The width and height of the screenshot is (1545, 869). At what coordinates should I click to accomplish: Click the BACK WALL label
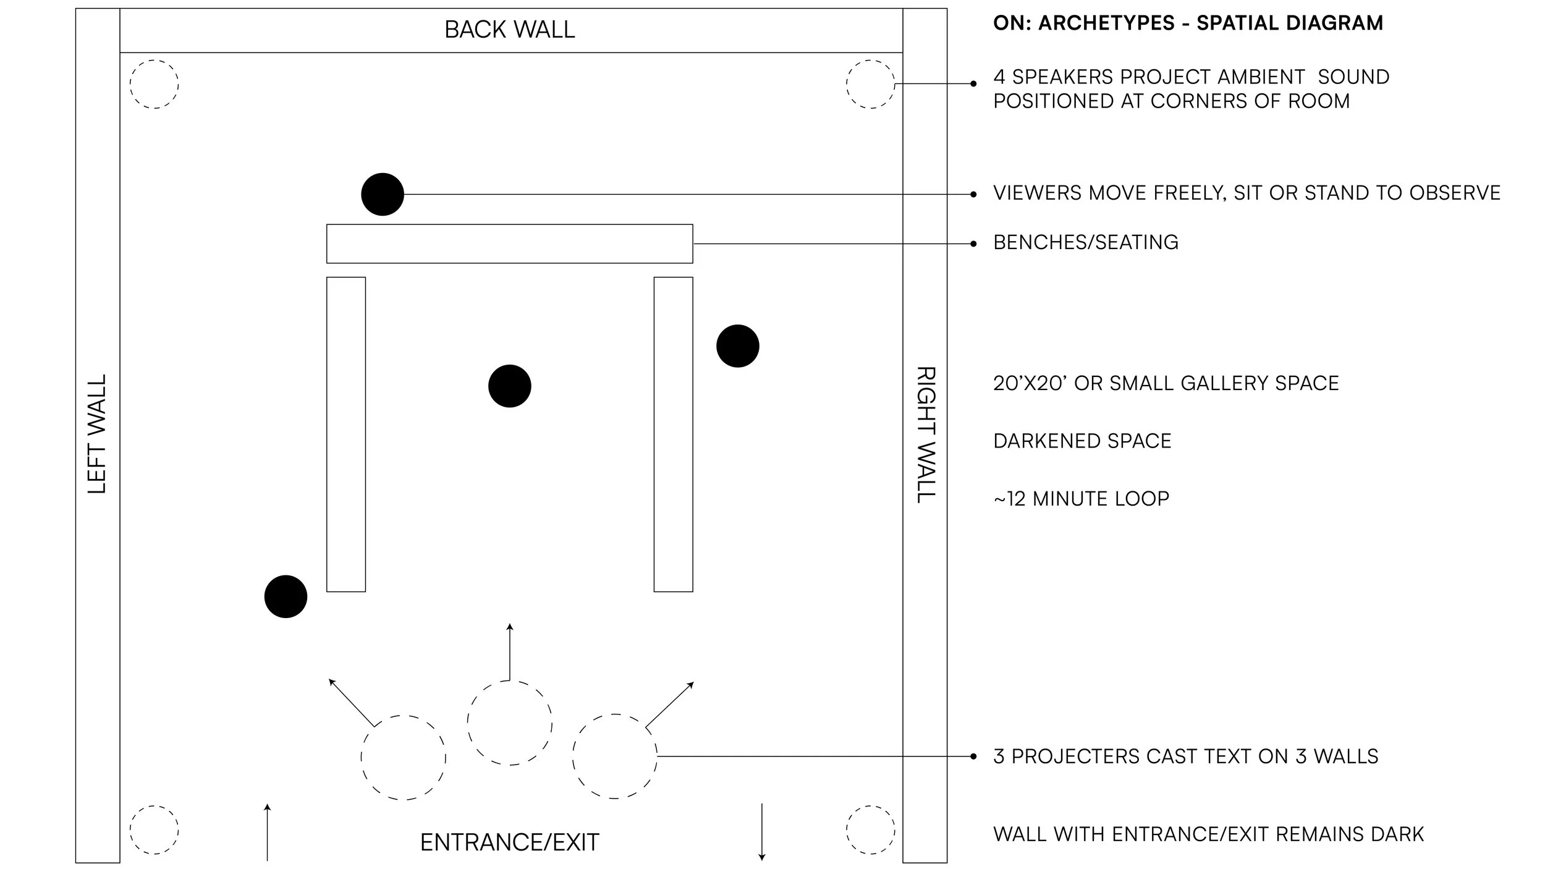click(x=510, y=30)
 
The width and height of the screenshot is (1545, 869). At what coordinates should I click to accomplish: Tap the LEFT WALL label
click(x=97, y=434)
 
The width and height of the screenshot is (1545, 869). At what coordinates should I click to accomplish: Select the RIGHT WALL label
click(x=925, y=435)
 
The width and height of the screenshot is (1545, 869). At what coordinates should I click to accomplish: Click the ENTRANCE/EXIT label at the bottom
click(x=510, y=842)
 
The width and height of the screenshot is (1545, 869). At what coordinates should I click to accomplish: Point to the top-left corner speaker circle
click(x=154, y=84)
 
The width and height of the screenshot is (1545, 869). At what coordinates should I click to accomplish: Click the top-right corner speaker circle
click(x=870, y=84)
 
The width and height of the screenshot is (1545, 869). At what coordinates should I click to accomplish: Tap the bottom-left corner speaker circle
click(x=154, y=829)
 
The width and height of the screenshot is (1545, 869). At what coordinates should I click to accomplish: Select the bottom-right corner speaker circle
click(x=870, y=829)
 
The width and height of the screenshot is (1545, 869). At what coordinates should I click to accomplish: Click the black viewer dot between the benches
click(x=510, y=386)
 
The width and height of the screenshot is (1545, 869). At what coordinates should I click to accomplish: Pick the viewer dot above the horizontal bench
click(x=383, y=194)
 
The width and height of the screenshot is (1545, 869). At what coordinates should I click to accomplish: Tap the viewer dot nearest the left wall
click(x=286, y=596)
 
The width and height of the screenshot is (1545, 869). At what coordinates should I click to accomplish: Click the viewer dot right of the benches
click(x=738, y=346)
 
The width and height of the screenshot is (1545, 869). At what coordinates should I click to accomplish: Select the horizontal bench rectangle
click(x=510, y=244)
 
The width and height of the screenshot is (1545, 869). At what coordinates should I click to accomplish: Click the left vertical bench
click(x=346, y=434)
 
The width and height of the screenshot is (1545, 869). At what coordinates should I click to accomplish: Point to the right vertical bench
click(x=674, y=434)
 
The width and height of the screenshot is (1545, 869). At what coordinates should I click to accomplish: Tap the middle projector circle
click(x=510, y=723)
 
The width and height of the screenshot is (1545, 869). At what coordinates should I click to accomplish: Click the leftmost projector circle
click(x=404, y=757)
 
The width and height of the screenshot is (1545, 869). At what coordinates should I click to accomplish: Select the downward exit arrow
click(x=762, y=832)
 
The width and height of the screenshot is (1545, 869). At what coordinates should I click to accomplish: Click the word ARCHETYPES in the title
click(x=1106, y=23)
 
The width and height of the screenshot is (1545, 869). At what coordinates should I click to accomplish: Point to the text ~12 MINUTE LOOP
click(x=1081, y=499)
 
